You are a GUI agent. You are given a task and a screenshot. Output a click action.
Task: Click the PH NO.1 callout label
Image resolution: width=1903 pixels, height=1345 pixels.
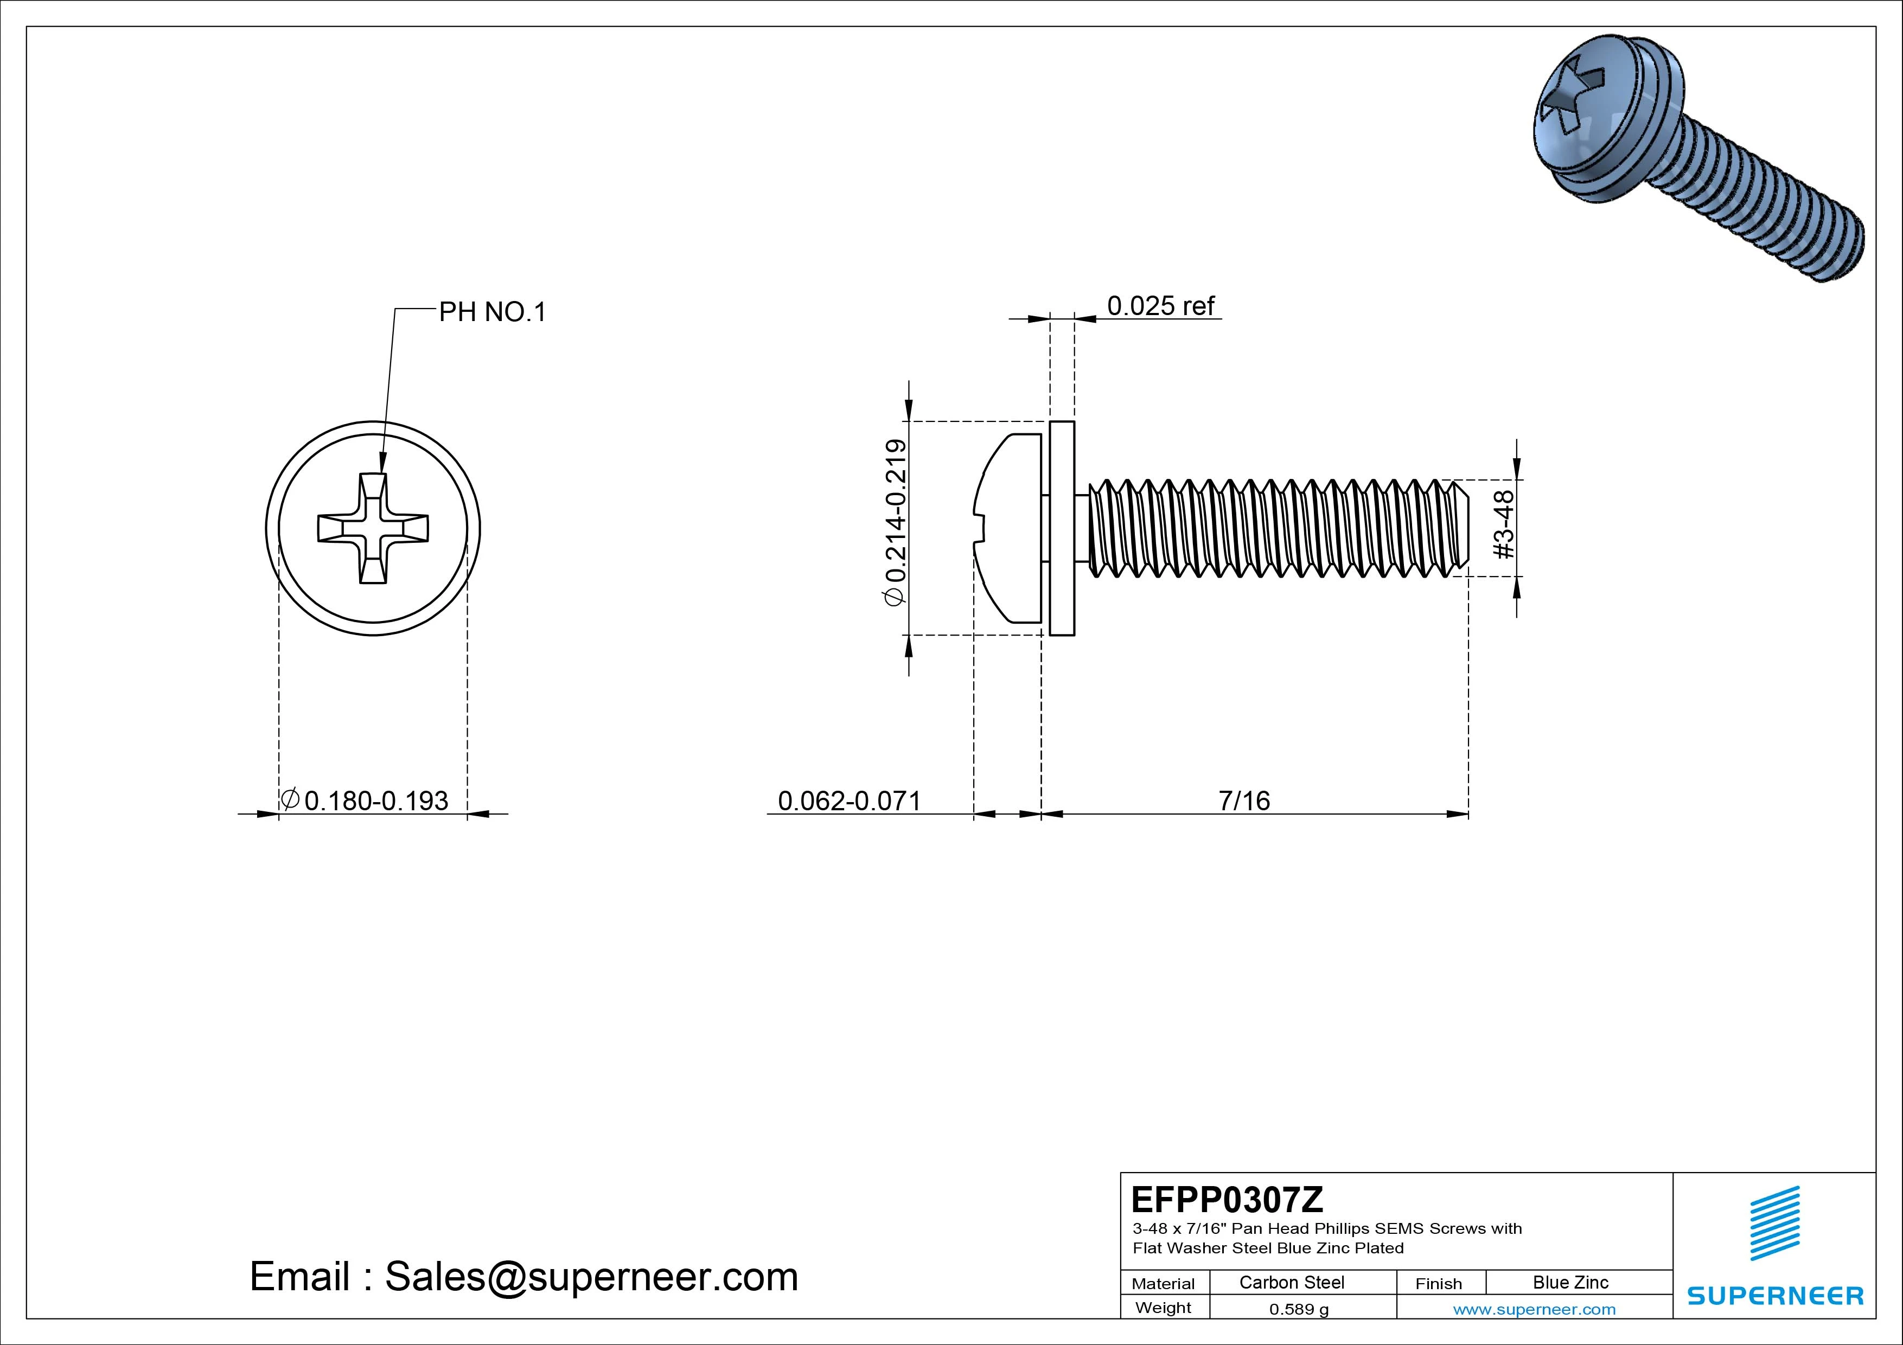[x=493, y=312]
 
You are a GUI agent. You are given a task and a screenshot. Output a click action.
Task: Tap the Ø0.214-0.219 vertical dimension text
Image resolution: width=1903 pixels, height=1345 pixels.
[x=896, y=523]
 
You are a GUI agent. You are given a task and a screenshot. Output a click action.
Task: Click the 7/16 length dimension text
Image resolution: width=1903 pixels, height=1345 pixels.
[x=1244, y=800]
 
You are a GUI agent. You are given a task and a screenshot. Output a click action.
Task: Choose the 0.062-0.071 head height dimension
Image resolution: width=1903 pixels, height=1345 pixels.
[x=849, y=800]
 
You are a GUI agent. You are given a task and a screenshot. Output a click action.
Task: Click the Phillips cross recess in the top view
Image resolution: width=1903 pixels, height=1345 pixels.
[x=373, y=528]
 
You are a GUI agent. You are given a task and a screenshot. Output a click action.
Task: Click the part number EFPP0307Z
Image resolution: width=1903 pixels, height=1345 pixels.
[x=1227, y=1199]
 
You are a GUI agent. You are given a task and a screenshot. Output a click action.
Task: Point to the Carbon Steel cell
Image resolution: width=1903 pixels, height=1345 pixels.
[x=1291, y=1282]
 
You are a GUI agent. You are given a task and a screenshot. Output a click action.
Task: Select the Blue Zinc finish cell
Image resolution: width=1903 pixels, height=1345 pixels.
[x=1570, y=1282]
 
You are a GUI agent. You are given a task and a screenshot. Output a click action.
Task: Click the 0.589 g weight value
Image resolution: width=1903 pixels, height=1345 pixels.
[x=1299, y=1309]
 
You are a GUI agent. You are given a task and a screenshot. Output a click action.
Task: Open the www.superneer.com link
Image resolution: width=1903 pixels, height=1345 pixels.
[x=1534, y=1309]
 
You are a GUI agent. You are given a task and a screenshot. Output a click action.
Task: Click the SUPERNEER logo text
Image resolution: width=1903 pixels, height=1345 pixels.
[x=1774, y=1295]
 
